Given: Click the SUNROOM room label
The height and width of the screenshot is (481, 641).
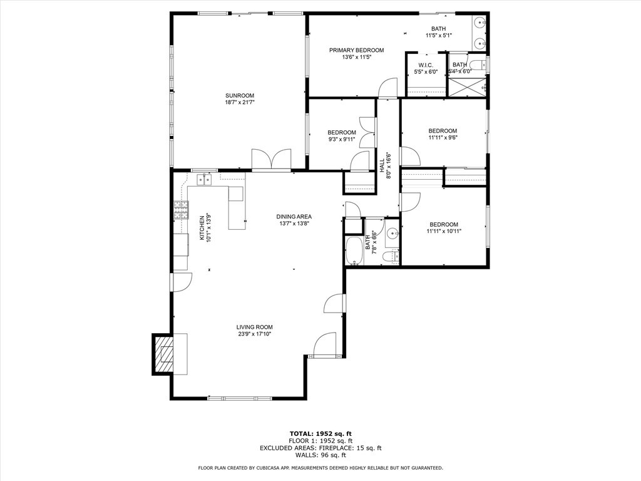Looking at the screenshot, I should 240,95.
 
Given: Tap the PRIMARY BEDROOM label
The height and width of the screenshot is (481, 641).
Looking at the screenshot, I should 357,50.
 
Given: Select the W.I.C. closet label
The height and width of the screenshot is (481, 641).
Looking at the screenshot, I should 427,65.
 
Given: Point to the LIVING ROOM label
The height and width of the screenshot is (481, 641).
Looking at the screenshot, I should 254,327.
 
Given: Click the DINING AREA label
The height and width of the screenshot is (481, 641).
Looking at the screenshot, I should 294,217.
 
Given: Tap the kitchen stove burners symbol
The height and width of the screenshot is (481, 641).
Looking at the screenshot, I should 180,209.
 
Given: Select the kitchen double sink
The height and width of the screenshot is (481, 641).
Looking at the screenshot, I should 205,180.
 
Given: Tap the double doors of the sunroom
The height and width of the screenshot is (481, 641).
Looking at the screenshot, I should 271,159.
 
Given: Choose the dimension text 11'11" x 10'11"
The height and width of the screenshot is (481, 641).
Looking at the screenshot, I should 443,231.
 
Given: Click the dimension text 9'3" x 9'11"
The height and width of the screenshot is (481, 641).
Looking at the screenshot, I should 342,139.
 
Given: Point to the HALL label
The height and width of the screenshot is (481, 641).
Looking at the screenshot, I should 382,166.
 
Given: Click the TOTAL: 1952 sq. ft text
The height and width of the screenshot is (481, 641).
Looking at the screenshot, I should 320,433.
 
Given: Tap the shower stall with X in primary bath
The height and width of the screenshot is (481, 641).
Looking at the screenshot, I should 466,86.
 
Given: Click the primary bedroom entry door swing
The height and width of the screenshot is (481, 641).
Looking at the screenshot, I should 388,88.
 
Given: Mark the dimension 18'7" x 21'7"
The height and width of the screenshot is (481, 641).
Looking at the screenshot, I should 240,102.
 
